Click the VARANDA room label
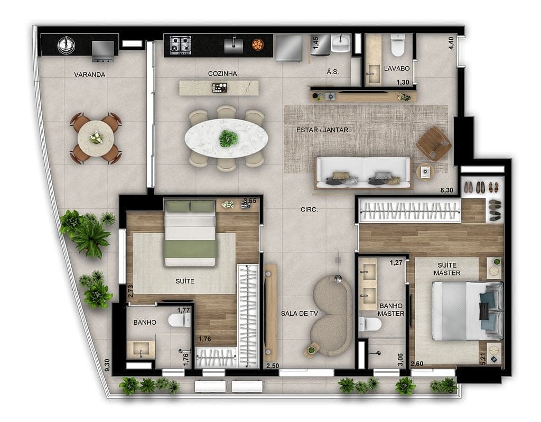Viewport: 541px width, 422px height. (x=89, y=75)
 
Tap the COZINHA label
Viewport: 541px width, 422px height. (x=222, y=74)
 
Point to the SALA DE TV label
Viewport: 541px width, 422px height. (x=299, y=313)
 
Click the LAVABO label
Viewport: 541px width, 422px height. (x=397, y=68)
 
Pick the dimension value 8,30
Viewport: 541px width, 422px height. (x=446, y=190)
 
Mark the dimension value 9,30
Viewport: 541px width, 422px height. (x=107, y=365)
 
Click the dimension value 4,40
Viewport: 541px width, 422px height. (x=451, y=42)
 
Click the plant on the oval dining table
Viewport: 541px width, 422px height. (x=228, y=138)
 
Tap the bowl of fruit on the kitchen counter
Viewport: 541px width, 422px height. (x=257, y=44)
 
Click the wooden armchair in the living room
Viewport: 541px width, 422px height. (x=433, y=143)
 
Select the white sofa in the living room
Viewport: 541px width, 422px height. (x=363, y=172)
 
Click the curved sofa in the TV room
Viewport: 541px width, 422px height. (x=331, y=316)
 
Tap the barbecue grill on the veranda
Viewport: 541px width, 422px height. (x=103, y=50)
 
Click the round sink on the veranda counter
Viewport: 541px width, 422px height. (x=65, y=44)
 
